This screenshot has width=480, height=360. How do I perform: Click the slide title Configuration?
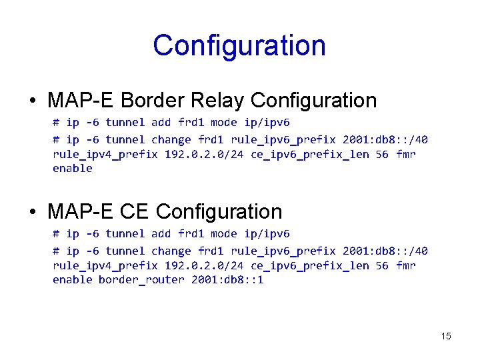(239, 46)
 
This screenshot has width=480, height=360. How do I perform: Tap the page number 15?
(446, 336)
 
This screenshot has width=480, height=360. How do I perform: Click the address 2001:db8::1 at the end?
(227, 279)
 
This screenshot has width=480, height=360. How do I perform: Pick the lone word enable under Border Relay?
(73, 168)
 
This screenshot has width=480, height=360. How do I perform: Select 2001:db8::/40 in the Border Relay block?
(385, 139)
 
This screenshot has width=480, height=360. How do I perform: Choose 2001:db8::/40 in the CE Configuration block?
(385, 251)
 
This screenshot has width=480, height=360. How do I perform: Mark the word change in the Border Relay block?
(171, 139)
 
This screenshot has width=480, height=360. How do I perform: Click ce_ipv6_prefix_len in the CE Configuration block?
(310, 265)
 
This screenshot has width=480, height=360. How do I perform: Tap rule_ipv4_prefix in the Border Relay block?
(105, 154)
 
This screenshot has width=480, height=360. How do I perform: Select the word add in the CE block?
(161, 234)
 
